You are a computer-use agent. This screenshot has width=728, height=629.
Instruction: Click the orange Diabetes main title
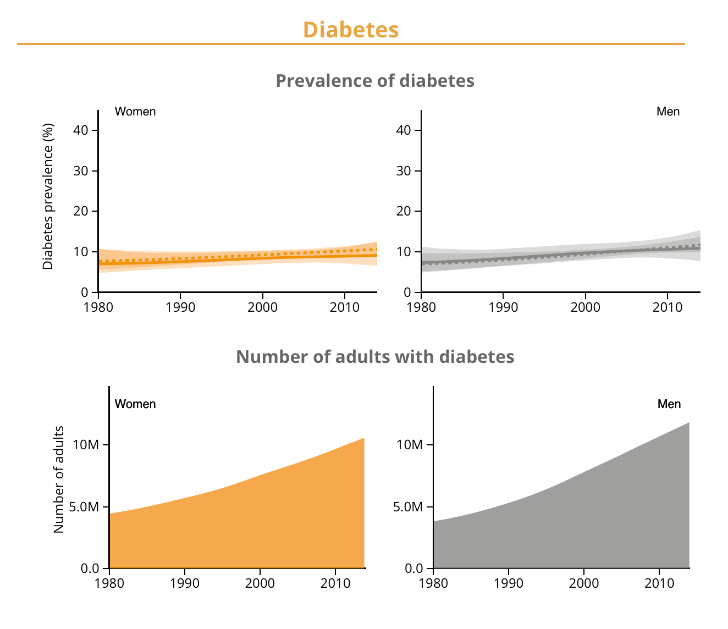coord(351,30)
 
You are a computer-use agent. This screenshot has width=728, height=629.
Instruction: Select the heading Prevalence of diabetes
coord(375,81)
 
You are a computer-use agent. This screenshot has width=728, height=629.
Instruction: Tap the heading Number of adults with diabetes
coord(375,357)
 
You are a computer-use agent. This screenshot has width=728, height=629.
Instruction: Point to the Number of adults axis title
coord(59,479)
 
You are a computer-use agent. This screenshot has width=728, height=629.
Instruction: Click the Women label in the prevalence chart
coord(135,112)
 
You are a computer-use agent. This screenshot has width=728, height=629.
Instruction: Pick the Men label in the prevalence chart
coord(668,112)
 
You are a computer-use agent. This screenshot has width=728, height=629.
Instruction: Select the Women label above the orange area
coord(135,404)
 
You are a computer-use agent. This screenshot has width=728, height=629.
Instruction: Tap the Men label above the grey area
coord(669,404)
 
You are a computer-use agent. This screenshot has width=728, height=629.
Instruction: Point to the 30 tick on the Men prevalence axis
coord(403,171)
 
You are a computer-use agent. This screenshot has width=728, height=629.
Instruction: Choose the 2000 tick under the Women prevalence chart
coord(262,307)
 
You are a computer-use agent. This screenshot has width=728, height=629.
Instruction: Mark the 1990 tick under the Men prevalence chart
coord(503,307)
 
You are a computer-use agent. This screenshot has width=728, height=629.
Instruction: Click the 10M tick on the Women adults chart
coord(86,445)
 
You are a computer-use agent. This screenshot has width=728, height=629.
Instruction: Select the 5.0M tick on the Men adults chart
coord(408,507)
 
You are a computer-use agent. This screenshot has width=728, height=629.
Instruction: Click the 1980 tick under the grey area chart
coord(433,583)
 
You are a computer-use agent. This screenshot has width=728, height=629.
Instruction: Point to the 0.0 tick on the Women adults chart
coord(89,569)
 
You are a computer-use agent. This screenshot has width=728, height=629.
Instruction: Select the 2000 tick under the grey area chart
coord(584,583)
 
